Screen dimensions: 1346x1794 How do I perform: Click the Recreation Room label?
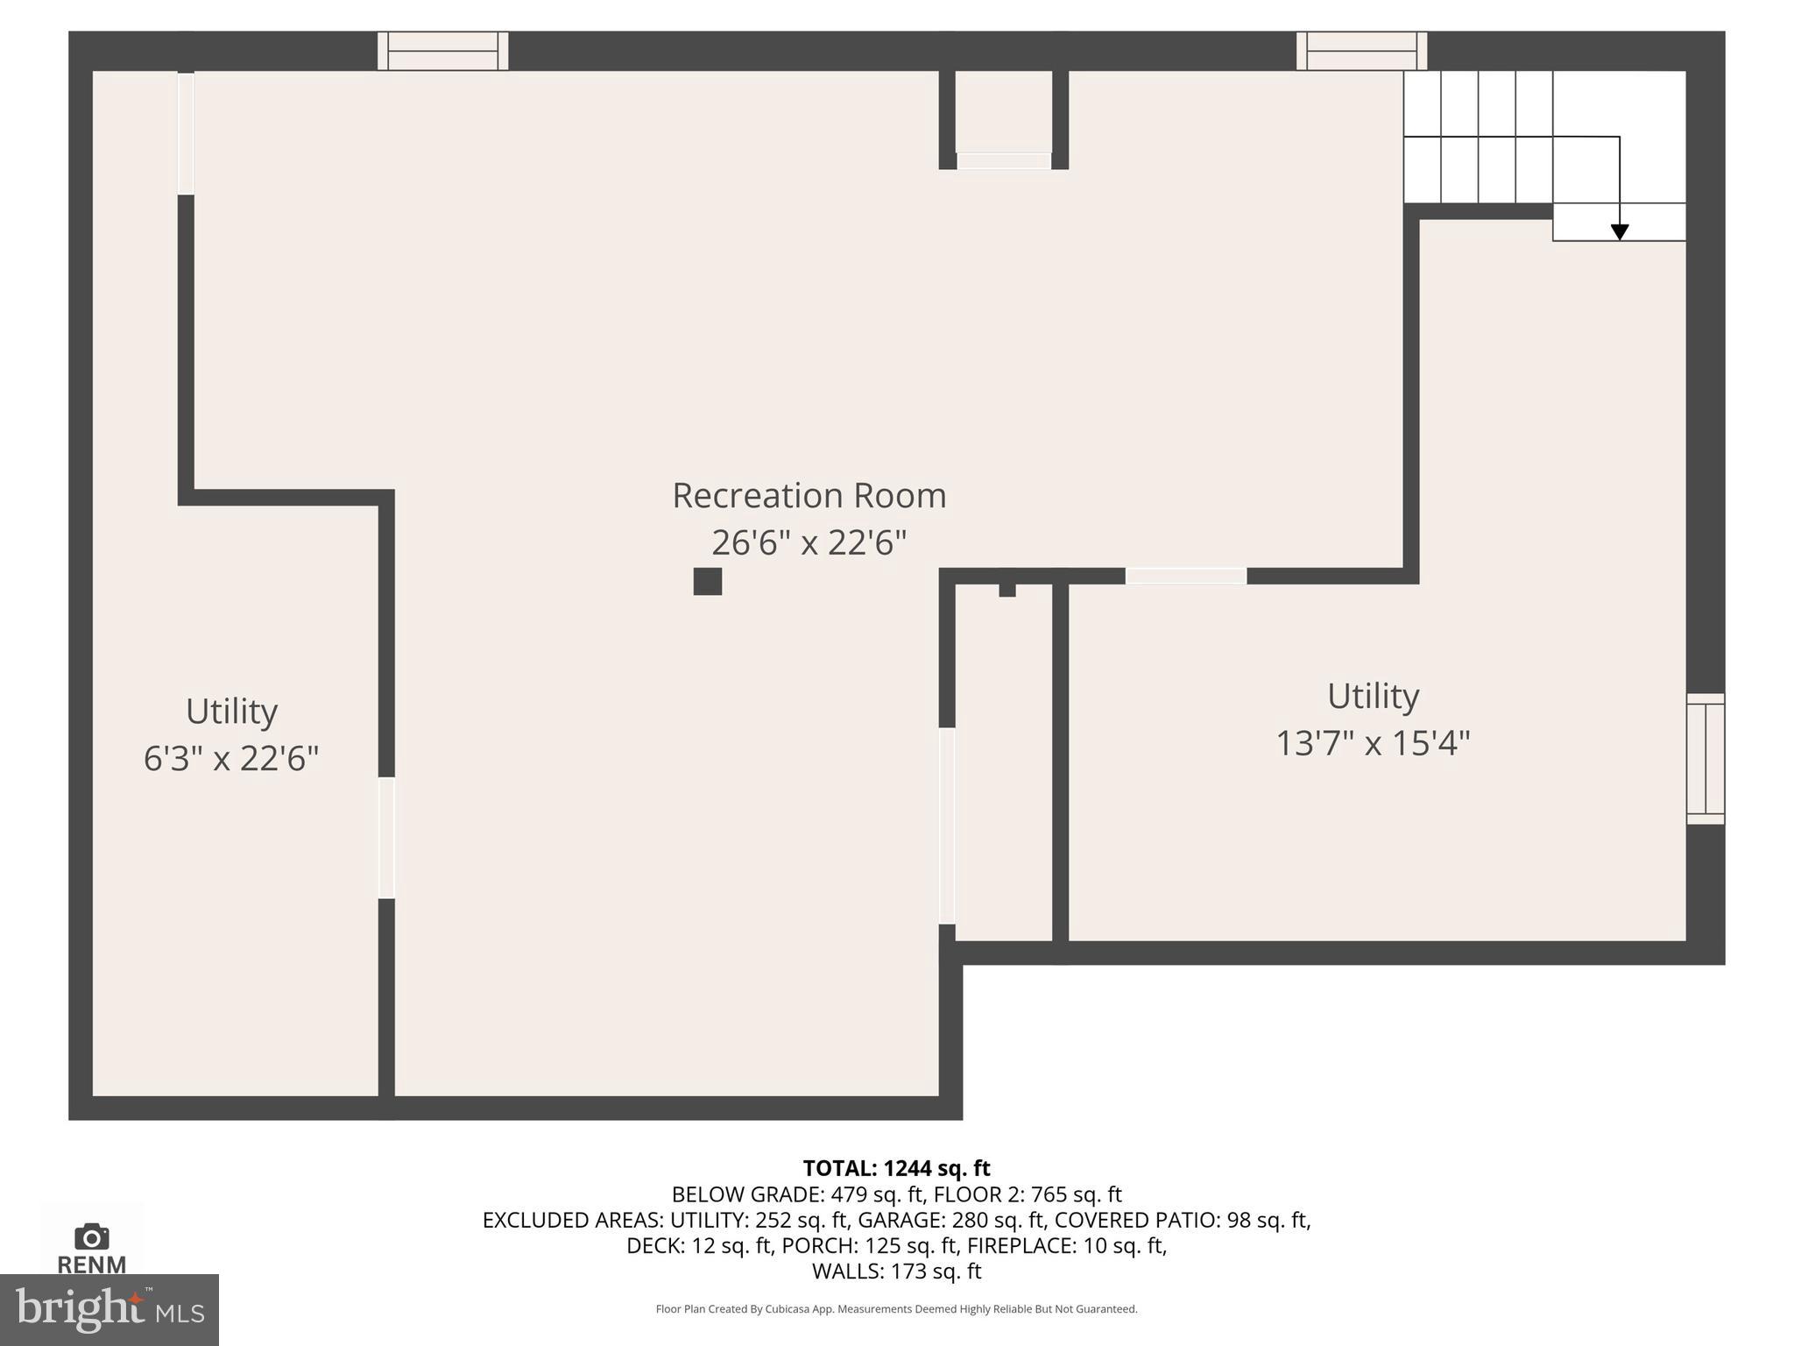click(809, 496)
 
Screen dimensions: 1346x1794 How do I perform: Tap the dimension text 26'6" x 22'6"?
click(809, 543)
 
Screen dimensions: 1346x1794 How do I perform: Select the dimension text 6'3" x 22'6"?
click(231, 758)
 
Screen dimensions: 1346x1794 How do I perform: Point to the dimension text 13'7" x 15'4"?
click(1373, 743)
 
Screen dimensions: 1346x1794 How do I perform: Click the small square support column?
click(708, 581)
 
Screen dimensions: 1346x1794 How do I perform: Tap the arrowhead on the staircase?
click(1620, 232)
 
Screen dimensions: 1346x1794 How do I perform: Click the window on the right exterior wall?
click(1706, 759)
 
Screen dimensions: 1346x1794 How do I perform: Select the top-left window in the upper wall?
click(443, 51)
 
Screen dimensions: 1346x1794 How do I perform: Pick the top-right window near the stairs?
click(1361, 51)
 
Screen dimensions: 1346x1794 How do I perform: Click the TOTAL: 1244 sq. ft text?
click(896, 1168)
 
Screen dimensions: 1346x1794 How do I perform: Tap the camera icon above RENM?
click(92, 1236)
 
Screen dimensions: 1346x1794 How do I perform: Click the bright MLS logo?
click(109, 1310)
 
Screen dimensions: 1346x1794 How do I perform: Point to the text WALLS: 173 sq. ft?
click(896, 1271)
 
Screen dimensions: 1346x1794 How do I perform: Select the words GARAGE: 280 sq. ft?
click(951, 1220)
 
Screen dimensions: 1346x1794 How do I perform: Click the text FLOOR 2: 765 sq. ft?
click(1028, 1194)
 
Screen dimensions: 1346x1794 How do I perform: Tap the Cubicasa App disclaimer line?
click(896, 1309)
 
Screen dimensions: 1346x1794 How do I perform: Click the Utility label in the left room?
click(231, 711)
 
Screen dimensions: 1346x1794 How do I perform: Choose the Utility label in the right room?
click(1373, 696)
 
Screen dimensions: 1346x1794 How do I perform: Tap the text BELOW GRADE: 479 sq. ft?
click(798, 1194)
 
